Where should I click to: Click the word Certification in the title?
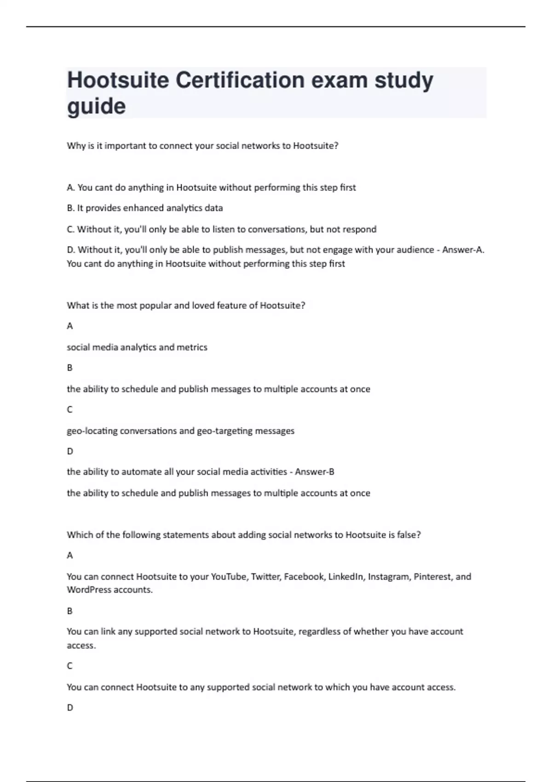click(240, 80)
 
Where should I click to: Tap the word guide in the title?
click(96, 107)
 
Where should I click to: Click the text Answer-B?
click(315, 471)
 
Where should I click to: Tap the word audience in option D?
click(417, 250)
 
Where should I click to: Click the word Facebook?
click(304, 576)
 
